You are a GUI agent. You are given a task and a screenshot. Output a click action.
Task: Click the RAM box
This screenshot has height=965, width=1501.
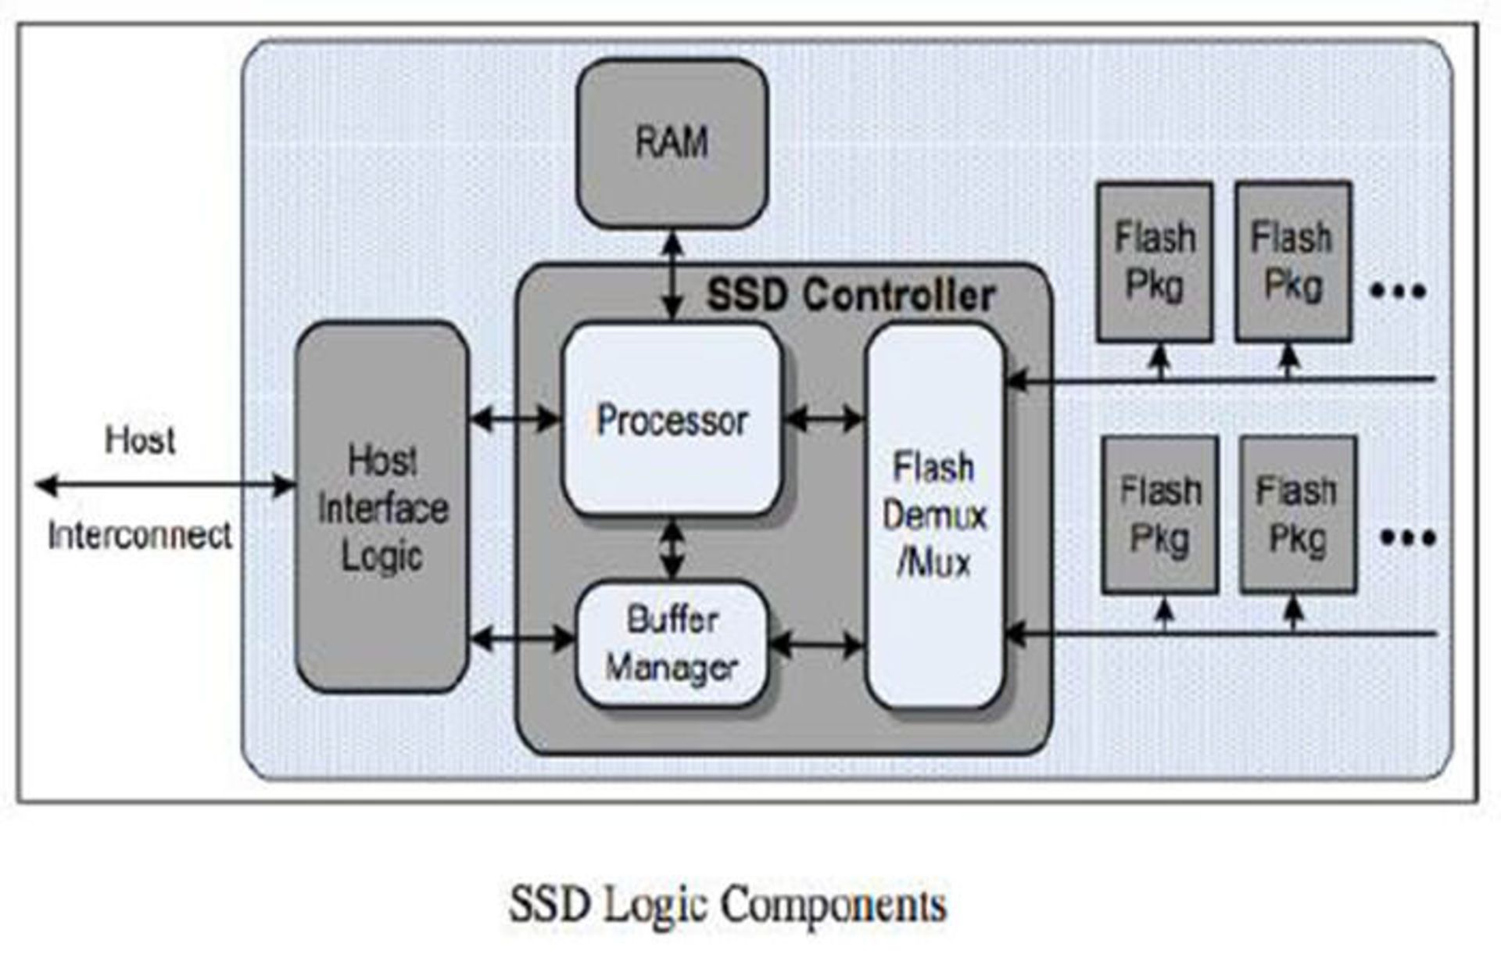pos(672,144)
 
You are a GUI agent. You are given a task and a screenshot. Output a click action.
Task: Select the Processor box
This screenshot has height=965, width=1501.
pos(672,420)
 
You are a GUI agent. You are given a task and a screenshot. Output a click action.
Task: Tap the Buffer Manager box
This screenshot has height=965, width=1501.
pos(672,644)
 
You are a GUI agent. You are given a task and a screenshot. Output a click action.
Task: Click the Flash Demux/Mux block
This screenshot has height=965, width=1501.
pos(934,516)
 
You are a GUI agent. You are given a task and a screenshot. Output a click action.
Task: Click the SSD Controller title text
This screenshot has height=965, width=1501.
pos(851,296)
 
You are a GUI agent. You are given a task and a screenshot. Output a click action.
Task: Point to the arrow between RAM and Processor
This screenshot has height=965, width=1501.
pos(672,276)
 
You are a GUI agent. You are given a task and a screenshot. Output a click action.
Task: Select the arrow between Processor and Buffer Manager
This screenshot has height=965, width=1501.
pos(672,549)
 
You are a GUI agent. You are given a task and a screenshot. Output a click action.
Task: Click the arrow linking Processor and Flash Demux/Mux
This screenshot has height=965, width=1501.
pos(823,419)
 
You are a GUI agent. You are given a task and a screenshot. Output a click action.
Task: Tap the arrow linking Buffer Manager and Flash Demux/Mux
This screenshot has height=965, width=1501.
pos(816,645)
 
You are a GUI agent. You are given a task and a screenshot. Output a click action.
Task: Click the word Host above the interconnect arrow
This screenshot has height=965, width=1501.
pos(140,439)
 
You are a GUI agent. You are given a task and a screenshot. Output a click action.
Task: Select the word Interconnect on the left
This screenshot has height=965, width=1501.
pos(140,536)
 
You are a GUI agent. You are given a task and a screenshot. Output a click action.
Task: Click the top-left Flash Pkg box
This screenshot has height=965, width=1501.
pos(1155,262)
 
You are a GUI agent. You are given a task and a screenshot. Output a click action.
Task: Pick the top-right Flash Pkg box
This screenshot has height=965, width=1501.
pos(1293,261)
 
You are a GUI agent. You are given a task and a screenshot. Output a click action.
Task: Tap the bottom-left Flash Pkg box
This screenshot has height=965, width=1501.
pos(1160,515)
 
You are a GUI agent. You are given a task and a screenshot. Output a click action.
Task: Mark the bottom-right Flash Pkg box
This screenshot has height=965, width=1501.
pos(1298,515)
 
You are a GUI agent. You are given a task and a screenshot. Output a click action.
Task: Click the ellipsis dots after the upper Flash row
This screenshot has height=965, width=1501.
pos(1399,292)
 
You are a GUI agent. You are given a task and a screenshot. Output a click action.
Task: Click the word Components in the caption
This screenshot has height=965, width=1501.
pos(833,905)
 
